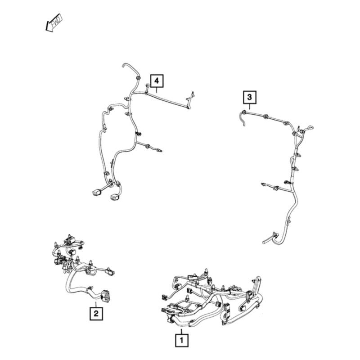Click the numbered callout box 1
pos(182,340)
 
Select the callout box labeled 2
pos(96,313)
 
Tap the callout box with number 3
pos(250,97)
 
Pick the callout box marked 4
pos(157,81)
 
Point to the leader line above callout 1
pos(181,331)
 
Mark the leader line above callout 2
pos(96,305)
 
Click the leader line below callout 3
pos(250,107)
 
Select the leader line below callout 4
pos(157,90)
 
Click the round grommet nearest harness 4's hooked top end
pos(138,77)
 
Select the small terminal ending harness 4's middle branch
pos(160,151)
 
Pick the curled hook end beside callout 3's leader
pos(243,118)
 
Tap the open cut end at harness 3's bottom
pos(264,242)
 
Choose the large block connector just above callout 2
pos(104,296)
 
